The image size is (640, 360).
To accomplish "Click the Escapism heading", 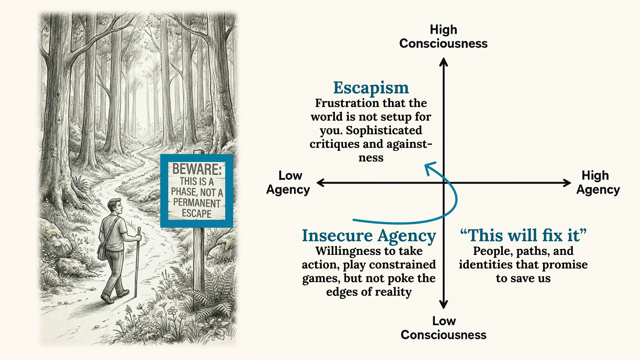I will (371, 87).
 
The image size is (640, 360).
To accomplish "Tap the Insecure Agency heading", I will (368, 236).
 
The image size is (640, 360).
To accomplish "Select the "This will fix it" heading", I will (523, 236).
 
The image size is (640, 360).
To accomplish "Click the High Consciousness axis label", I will (444, 36).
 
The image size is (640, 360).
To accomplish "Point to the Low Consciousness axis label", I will (444, 327).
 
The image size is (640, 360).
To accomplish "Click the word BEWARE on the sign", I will (196, 169).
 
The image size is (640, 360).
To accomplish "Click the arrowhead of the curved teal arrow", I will (427, 166).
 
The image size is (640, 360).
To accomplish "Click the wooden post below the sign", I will (199, 259).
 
